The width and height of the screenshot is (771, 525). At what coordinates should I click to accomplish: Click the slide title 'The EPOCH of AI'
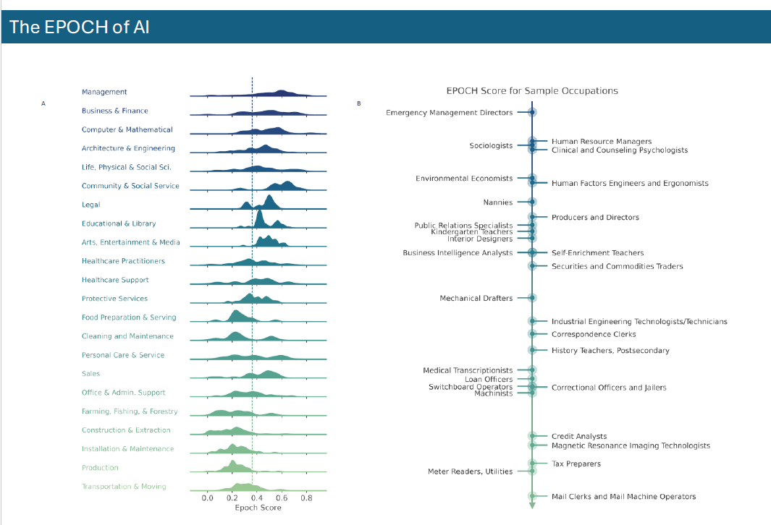(79, 27)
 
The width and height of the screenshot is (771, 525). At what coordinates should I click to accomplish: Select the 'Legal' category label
(91, 205)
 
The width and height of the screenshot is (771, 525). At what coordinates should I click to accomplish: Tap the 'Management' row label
(104, 92)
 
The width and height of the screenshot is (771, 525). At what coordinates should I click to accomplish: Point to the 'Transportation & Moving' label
(124, 487)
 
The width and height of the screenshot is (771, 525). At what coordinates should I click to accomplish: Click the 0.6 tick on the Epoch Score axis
(282, 498)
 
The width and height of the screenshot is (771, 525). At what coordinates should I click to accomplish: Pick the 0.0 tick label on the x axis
(208, 498)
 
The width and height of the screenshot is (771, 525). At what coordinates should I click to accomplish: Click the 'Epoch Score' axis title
(258, 508)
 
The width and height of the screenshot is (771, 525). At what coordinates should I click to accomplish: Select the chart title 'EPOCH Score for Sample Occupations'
(532, 91)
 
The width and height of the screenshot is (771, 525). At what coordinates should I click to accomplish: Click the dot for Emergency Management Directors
(532, 113)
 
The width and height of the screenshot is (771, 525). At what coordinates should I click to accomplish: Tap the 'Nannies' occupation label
(497, 202)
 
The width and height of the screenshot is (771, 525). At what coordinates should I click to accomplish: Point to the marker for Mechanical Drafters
(532, 298)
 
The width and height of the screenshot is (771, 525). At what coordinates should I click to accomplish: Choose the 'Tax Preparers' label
(576, 464)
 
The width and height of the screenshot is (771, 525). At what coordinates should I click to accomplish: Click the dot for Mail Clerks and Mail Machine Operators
(532, 497)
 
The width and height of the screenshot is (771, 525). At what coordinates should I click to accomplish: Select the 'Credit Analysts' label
(579, 436)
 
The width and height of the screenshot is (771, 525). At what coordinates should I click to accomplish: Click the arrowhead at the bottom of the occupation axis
(532, 505)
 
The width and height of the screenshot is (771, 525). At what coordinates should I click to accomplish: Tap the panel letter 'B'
(359, 103)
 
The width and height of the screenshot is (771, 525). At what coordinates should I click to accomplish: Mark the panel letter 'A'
(43, 103)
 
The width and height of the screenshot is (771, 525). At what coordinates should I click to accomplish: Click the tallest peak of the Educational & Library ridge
(259, 211)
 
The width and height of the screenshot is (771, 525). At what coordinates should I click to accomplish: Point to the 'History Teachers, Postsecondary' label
(610, 351)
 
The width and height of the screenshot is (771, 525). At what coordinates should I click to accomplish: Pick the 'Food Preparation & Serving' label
(129, 317)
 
